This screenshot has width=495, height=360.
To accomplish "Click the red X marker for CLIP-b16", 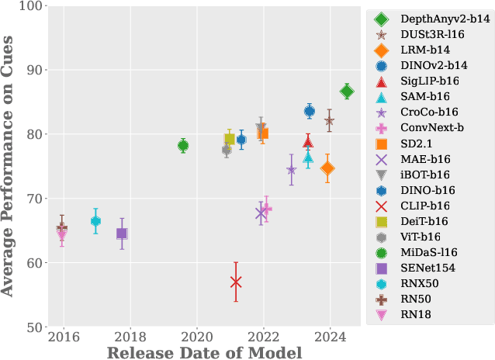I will point(236,282).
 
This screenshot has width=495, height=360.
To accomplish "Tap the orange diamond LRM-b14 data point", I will point(327,168).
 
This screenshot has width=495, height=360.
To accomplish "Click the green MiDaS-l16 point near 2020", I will point(183,146).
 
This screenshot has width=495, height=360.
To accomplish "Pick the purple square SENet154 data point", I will point(122,234).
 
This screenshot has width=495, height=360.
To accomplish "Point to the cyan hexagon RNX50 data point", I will point(95,221).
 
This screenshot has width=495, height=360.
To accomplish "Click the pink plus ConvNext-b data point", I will point(266,209).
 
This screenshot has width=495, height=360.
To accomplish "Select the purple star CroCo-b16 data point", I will point(291,170).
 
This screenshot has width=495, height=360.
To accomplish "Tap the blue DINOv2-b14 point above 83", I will point(310,112).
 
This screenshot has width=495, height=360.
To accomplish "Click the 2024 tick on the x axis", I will point(330,338).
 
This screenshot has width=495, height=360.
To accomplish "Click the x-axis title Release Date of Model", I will point(203,353).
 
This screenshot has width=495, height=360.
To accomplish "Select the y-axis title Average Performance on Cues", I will point(9,166).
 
